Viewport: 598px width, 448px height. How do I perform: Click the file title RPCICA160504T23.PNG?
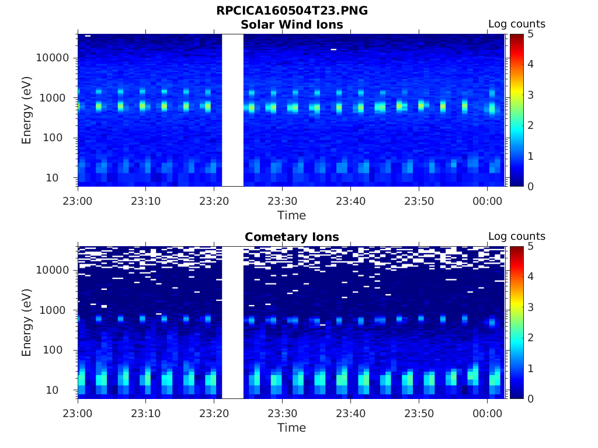click(x=291, y=10)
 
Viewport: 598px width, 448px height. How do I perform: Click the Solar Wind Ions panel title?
click(x=291, y=24)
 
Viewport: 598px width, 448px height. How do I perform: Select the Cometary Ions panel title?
click(x=291, y=237)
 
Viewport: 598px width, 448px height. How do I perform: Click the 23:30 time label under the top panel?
click(x=282, y=201)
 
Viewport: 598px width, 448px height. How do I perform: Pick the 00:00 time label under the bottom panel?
click(x=488, y=413)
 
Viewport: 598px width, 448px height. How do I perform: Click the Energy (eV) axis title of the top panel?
click(x=27, y=110)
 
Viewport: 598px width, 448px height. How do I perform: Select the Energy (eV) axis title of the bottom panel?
click(x=27, y=322)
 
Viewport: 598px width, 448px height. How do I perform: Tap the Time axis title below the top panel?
click(x=291, y=215)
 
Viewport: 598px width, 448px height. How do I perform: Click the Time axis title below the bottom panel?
click(x=291, y=428)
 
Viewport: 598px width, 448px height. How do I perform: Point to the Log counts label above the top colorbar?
click(x=516, y=24)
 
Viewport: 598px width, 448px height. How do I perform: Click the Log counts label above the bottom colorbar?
click(x=516, y=236)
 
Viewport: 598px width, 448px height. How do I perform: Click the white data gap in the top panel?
click(x=232, y=110)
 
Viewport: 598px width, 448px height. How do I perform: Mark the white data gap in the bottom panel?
click(x=232, y=322)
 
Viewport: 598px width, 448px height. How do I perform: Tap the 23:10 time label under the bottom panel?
click(x=145, y=413)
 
